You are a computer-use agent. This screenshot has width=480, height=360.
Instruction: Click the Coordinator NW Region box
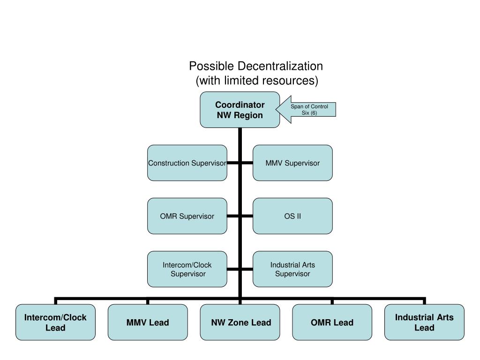coord(240,110)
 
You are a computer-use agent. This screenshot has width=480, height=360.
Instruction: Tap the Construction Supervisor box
coord(187,163)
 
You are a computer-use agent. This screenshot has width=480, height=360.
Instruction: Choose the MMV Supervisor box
coord(292,163)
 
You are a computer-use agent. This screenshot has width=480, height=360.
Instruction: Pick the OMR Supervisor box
coord(187,216)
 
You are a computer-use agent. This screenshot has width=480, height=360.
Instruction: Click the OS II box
coord(292,216)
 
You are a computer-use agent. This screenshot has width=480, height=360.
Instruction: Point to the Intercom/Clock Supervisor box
coord(187,269)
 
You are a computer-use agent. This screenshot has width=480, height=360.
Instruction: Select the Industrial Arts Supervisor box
coord(292,269)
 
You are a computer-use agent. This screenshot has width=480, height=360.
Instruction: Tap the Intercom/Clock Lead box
coord(55,322)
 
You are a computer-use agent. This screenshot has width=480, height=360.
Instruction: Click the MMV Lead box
coord(148,322)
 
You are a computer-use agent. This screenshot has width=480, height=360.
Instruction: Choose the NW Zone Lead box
coord(241,322)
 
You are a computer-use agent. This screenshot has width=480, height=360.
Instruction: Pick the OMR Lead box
coord(332,322)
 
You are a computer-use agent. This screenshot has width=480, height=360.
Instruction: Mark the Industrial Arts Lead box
coord(424,322)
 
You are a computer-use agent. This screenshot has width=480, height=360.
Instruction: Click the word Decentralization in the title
coord(280,66)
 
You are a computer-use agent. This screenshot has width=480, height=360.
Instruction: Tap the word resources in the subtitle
coord(290,81)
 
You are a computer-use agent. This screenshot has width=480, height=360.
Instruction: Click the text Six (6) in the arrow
coord(309,113)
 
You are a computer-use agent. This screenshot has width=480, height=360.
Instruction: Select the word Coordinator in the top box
coord(240,105)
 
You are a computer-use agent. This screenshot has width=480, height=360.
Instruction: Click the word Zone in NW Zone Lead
coord(241,322)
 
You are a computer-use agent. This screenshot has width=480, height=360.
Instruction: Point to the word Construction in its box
coord(169,163)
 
